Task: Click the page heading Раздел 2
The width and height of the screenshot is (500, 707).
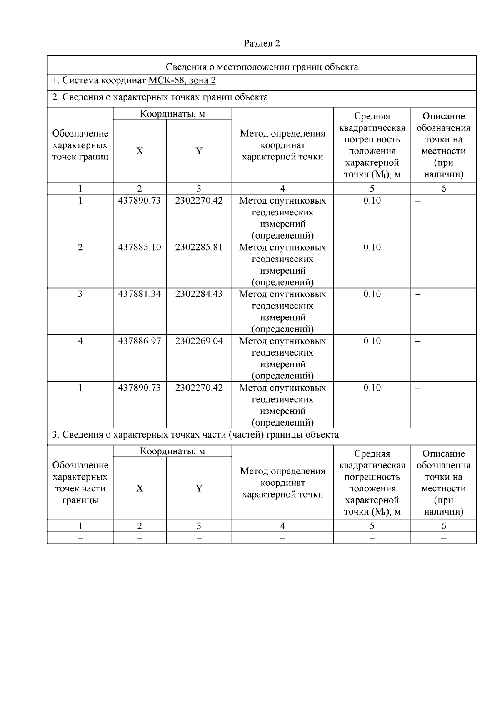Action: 262,43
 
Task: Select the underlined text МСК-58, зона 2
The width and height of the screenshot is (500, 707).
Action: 182,80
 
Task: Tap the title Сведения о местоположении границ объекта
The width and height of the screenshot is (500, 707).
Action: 262,67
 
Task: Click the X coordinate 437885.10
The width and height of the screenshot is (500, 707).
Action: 140,247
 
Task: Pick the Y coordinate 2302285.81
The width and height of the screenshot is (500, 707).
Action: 199,247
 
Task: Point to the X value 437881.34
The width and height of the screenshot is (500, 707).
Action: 140,294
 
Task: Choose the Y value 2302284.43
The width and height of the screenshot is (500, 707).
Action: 199,294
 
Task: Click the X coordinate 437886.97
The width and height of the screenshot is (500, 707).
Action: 140,341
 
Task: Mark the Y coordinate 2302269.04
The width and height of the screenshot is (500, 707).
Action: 199,341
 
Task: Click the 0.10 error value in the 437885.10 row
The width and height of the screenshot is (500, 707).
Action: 372,247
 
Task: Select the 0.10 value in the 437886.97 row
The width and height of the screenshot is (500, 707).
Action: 372,341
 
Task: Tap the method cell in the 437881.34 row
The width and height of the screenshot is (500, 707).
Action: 282,311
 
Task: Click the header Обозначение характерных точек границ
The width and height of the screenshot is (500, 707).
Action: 80,145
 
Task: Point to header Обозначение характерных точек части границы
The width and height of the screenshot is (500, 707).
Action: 80,483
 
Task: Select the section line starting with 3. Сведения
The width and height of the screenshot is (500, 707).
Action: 195,435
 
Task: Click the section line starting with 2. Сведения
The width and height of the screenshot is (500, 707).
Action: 160,97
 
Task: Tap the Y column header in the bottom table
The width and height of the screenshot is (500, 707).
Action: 199,488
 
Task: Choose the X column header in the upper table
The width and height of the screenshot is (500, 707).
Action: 140,151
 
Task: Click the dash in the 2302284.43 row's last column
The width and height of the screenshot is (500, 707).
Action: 418,294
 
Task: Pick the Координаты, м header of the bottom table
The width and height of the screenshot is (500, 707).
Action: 172,451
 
